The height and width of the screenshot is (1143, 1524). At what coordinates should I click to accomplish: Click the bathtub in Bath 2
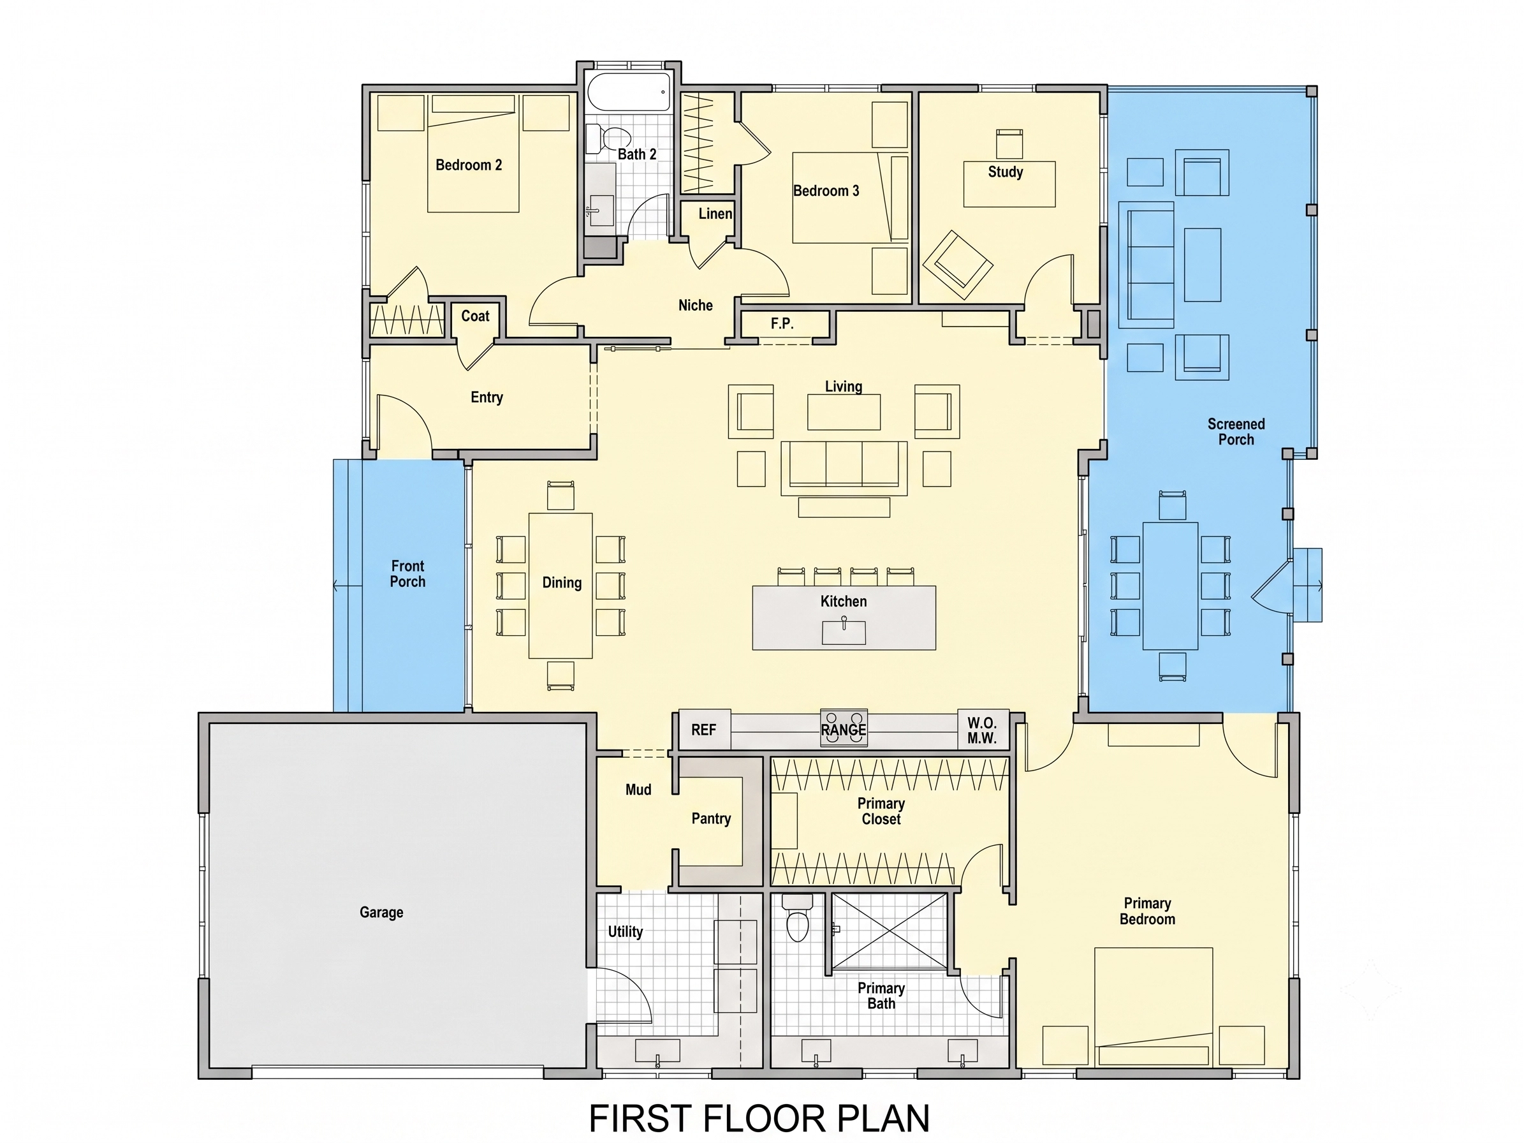628,91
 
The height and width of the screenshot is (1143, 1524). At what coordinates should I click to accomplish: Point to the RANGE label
843,730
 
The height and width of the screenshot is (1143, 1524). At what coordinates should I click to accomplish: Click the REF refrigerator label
703,730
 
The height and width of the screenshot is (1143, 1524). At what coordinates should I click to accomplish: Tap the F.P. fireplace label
782,323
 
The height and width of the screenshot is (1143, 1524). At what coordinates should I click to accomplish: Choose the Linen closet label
715,214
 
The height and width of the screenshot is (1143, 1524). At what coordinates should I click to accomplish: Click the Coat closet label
476,316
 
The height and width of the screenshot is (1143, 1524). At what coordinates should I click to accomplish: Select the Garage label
381,912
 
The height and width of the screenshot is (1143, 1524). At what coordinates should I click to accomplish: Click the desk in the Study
1009,184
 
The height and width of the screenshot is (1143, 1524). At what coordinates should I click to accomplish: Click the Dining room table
560,586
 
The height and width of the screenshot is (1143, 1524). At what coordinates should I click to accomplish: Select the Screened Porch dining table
1171,586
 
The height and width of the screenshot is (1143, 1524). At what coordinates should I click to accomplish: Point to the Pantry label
711,818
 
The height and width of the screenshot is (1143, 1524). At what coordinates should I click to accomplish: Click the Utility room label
625,931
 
